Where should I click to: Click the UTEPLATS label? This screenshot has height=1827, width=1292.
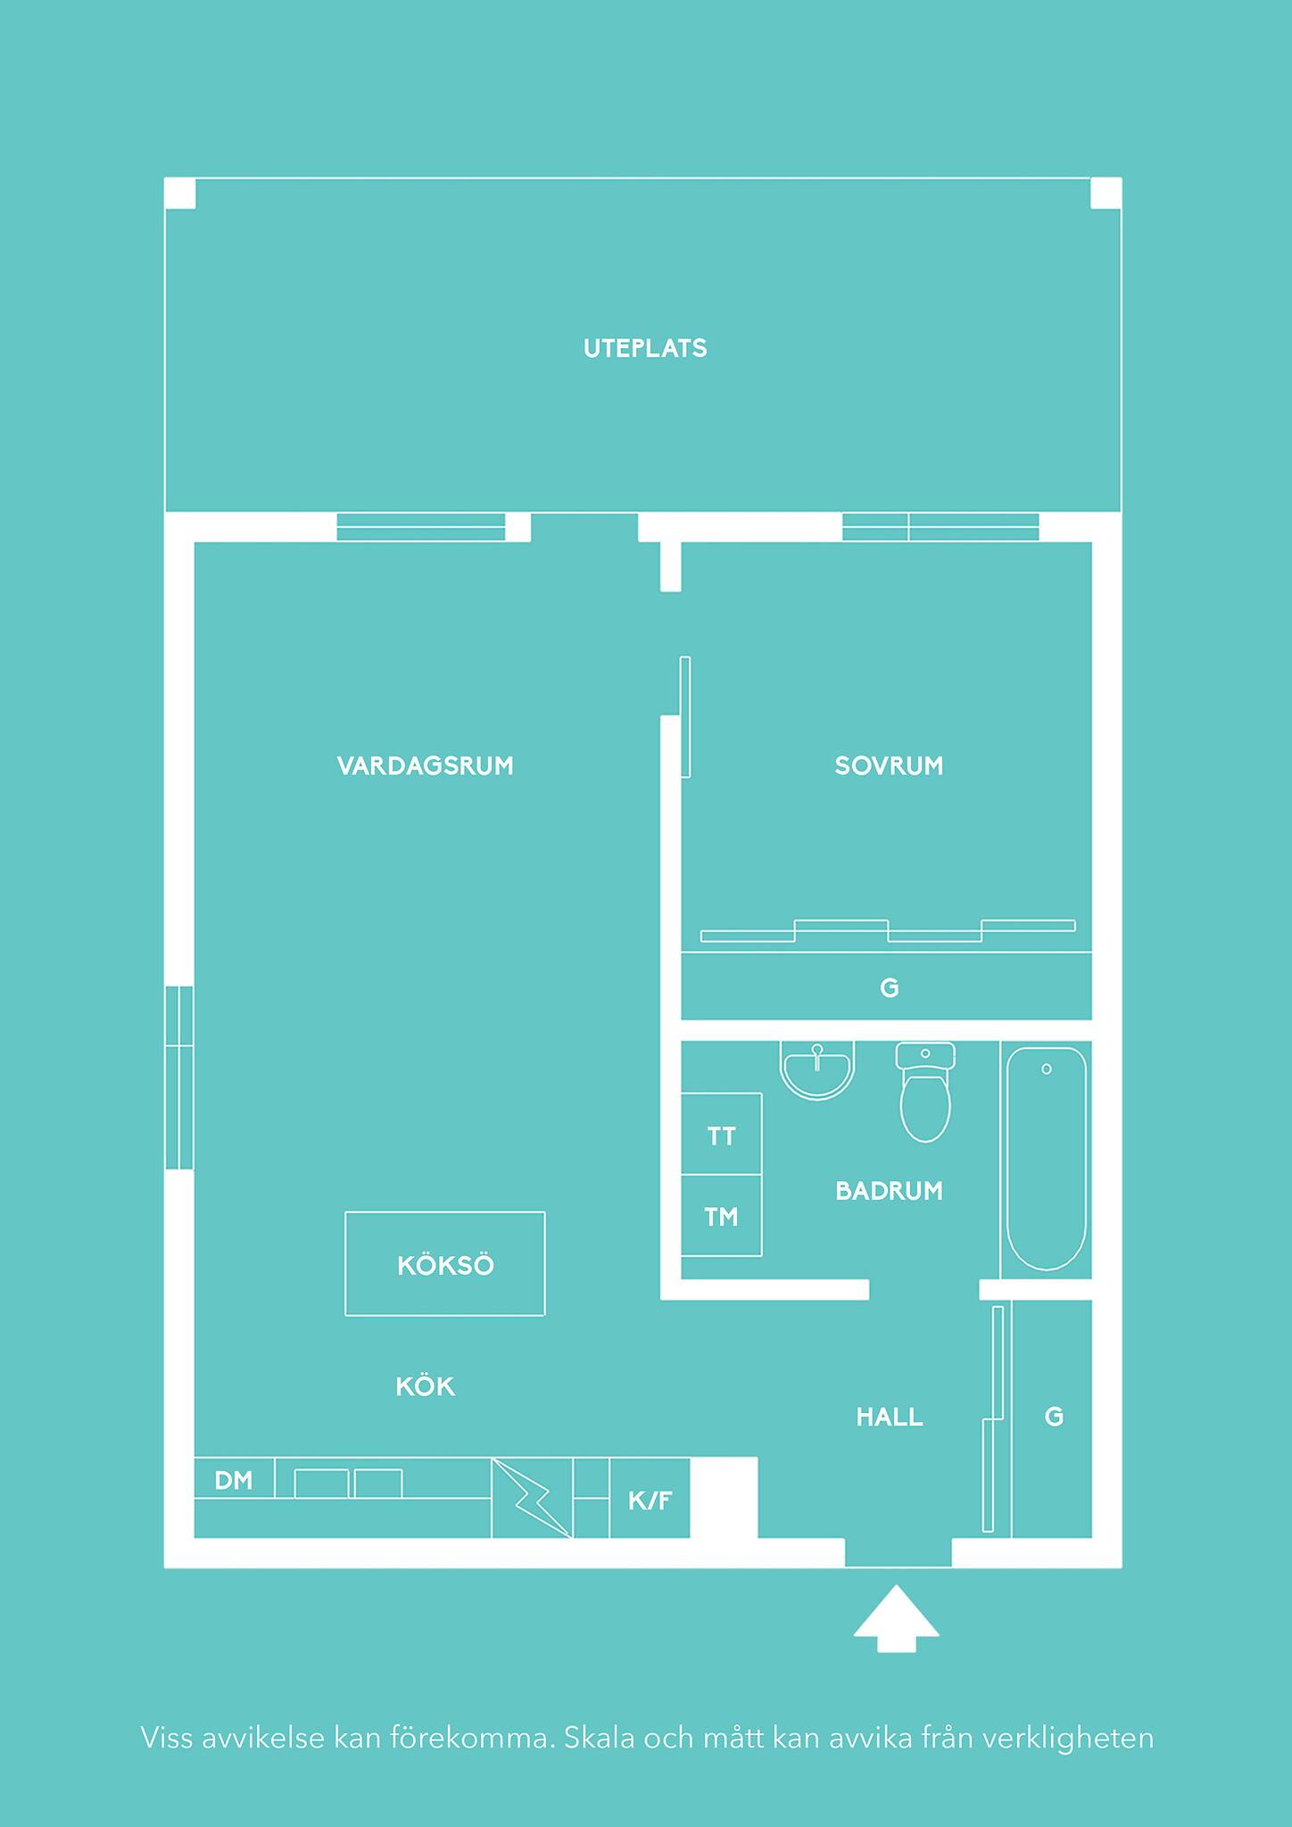(645, 348)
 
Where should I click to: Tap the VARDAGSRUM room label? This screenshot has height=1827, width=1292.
(426, 765)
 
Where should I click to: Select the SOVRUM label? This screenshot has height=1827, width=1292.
(889, 765)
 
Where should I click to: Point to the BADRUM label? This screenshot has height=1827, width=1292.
(889, 1191)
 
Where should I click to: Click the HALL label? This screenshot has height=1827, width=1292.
(890, 1417)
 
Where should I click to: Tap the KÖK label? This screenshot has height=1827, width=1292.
(426, 1386)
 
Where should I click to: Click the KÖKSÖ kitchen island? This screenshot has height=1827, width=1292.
(445, 1263)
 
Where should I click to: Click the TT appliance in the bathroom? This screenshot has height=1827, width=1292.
(721, 1134)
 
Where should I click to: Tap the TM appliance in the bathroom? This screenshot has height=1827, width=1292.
(721, 1215)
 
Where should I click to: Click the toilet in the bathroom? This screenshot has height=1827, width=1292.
(925, 1091)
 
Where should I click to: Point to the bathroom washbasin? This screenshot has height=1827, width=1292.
(817, 1070)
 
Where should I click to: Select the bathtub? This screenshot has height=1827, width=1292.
(1047, 1158)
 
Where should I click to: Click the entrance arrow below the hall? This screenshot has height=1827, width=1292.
(896, 1617)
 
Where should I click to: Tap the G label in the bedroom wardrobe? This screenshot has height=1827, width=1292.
(889, 988)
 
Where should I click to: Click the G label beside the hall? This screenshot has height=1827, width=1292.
(1054, 1417)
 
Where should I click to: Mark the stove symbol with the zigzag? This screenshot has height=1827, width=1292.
(532, 1498)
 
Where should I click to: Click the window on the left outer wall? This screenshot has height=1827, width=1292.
(179, 1078)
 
